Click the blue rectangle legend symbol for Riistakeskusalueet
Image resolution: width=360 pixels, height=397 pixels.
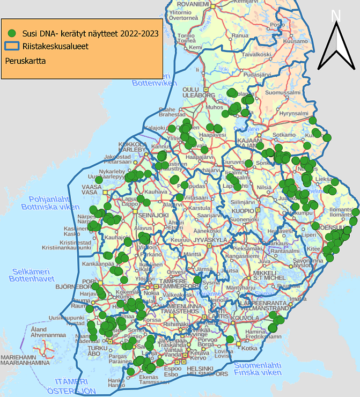pyautogui.click(x=12, y=47)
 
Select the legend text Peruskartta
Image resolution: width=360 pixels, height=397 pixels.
pyautogui.click(x=25, y=61)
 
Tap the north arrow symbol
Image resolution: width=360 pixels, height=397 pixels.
pyautogui.click(x=336, y=48)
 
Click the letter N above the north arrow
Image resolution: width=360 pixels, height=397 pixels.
pyautogui.click(x=336, y=16)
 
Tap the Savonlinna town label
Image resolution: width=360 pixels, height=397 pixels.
pyautogui.click(x=307, y=260)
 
